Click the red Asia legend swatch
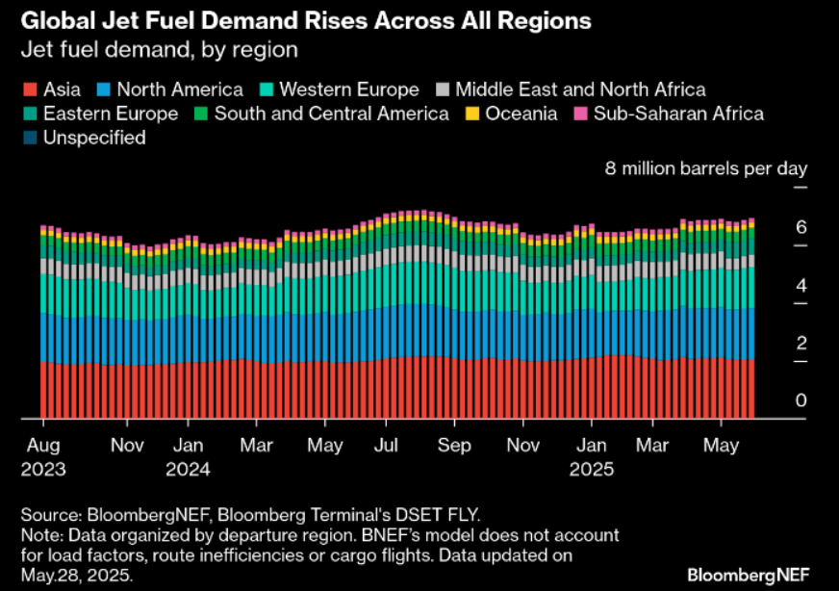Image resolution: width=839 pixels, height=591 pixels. tap(29, 90)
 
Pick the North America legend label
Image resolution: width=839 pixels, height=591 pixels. tap(180, 90)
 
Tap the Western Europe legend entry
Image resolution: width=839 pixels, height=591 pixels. tap(348, 90)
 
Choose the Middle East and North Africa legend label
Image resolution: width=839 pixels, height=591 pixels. tap(580, 90)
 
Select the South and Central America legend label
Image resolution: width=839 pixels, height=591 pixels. tap(331, 114)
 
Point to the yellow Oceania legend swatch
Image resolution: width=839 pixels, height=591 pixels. tap(473, 114)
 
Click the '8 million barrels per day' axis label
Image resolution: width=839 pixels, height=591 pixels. tap(705, 168)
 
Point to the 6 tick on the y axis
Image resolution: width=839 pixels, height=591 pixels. tap(801, 228)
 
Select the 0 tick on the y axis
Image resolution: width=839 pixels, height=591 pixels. tap(801, 401)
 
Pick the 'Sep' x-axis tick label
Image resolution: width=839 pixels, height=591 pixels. tap(454, 447)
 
